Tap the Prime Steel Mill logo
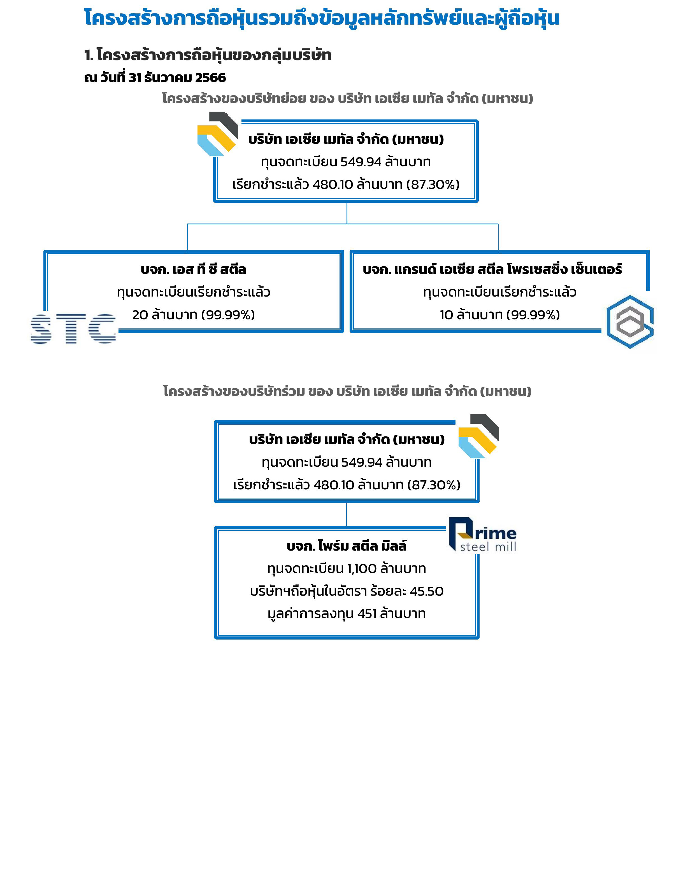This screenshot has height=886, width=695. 483,535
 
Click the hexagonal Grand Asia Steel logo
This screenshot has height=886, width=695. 630,322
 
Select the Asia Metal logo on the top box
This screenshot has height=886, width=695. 218,134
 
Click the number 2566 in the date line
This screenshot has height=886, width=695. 210,77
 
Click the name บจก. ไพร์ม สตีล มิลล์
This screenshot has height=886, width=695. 347,546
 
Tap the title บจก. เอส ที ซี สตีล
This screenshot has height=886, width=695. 194,269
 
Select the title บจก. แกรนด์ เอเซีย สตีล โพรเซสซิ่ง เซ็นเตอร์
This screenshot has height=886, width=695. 492,269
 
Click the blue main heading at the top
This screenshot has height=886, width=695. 322,18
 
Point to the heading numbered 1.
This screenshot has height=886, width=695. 208,55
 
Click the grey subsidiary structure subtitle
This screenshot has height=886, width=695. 347,98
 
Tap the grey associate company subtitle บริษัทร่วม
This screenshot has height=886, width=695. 347,391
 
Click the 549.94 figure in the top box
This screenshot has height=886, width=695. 361,162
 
